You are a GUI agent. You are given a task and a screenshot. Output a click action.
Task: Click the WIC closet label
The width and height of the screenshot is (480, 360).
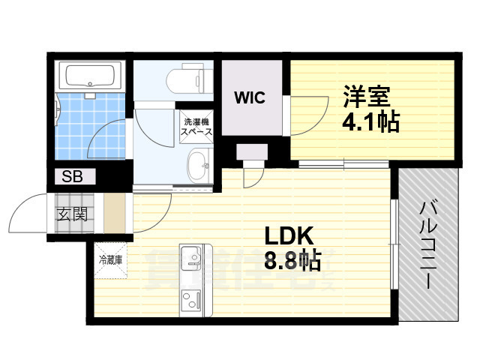[250, 97]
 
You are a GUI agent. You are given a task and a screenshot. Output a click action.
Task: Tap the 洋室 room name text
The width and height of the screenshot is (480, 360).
[366, 97]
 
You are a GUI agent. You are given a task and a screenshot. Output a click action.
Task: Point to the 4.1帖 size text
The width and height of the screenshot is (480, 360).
[370, 121]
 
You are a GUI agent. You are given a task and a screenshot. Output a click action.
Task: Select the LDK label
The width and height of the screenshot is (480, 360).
[289, 235]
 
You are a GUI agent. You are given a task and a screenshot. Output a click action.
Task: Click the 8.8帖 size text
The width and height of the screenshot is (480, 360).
[292, 260]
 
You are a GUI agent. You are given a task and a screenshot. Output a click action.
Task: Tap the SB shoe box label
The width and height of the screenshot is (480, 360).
[72, 176]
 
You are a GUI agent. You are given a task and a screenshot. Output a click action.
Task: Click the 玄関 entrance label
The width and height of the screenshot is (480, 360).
[73, 214]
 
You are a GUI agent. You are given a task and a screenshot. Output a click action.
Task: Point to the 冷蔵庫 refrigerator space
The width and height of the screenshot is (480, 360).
[110, 260]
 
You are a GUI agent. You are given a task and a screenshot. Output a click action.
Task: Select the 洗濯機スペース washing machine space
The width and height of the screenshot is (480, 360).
[196, 127]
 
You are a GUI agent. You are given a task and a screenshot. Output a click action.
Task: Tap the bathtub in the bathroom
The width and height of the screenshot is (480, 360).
[90, 76]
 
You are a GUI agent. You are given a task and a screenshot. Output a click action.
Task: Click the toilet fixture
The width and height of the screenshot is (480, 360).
[190, 78]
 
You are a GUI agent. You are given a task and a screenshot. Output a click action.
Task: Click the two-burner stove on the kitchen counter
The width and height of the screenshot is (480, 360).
[191, 300]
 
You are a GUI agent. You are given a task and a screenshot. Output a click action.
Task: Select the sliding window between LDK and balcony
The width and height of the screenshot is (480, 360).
[394, 244]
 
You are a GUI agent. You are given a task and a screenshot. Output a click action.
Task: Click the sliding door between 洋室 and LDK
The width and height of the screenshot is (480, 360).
[343, 164]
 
